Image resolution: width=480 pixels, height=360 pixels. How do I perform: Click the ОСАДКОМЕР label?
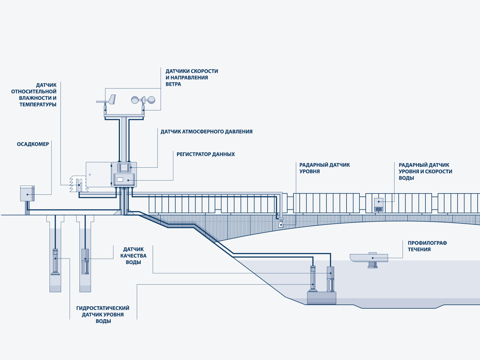click(33, 144)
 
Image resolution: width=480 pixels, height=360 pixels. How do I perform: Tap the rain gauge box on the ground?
click(27, 193)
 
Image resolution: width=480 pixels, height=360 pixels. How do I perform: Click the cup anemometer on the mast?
click(143, 100)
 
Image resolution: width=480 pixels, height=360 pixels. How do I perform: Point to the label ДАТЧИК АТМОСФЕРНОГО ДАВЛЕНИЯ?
click(206, 132)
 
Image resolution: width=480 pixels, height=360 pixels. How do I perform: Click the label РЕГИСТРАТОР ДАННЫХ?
click(205, 154)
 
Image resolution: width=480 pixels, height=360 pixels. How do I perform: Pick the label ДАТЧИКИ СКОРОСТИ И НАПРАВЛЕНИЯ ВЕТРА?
click(191, 78)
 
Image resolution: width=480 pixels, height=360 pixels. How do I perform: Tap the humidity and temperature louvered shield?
click(78, 184)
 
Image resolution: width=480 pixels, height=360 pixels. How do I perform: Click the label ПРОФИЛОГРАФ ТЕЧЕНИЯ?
click(427, 246)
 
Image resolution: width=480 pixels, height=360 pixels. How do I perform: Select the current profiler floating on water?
click(369, 258)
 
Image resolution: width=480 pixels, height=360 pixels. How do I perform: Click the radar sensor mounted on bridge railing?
click(379, 205)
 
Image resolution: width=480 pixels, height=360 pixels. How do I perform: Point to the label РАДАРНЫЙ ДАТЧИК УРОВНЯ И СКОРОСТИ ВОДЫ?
click(425, 172)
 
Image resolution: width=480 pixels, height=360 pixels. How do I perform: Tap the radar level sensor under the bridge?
click(281, 223)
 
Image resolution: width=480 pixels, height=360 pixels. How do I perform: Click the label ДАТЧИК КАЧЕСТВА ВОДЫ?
click(133, 256)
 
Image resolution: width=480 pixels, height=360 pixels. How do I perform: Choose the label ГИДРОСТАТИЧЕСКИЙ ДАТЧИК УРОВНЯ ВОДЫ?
click(103, 315)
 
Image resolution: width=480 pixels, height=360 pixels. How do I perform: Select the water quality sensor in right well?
click(85, 261)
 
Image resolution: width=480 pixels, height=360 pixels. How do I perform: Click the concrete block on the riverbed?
click(321, 298)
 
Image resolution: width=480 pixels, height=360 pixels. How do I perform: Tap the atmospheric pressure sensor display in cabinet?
click(124, 168)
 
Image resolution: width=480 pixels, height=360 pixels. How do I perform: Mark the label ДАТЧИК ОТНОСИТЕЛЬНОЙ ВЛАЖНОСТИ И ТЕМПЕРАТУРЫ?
click(34, 95)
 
